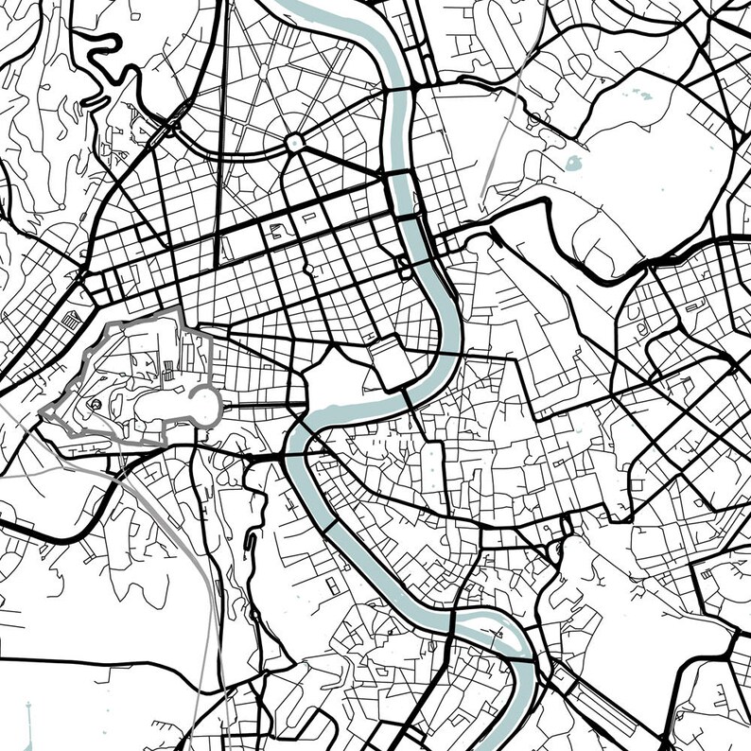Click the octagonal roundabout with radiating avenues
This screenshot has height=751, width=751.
[294, 143]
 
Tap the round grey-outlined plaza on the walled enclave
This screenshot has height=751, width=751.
[204, 406]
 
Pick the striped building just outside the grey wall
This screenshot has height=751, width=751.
[72, 323]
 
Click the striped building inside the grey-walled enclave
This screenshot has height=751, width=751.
[166, 374]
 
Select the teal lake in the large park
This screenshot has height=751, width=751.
[573, 163]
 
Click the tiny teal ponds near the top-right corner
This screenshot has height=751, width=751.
[639, 94]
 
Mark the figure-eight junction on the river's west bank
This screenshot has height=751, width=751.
[404, 265]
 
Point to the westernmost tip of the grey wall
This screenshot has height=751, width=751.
[42, 412]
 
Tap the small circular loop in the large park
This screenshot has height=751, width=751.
[535, 118]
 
